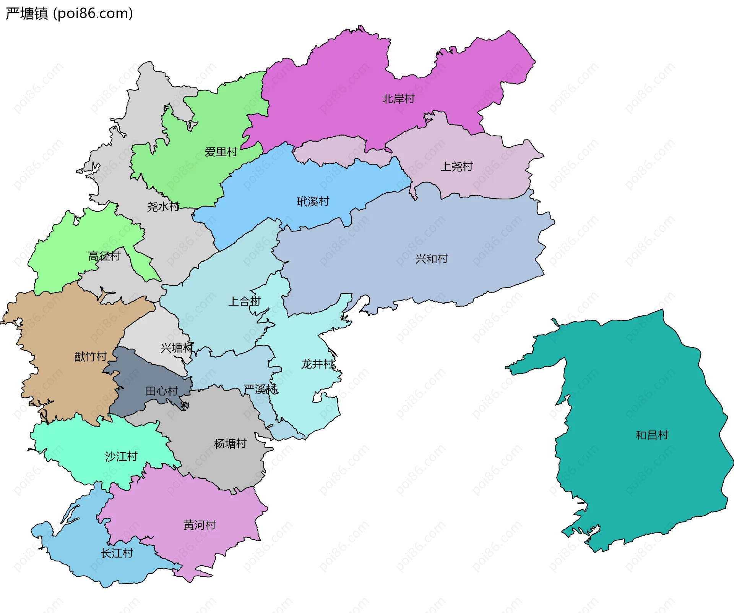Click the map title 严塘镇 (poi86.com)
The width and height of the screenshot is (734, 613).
[69, 13]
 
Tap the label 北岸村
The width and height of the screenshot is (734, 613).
[398, 99]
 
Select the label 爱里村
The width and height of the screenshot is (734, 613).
[221, 152]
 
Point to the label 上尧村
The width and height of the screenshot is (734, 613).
[456, 167]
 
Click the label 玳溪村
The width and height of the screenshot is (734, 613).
[313, 202]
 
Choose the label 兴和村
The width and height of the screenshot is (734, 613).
[431, 259]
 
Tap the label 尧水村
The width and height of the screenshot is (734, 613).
[163, 207]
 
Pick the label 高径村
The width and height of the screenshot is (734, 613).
[104, 256]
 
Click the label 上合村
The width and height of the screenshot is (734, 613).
[244, 301]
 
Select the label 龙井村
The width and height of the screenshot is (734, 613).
[318, 364]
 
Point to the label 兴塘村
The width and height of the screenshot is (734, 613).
[177, 348]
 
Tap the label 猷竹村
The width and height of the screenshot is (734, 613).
[91, 357]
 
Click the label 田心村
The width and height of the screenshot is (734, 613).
[162, 391]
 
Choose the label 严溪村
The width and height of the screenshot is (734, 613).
[260, 390]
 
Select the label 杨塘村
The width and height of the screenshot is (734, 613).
[230, 444]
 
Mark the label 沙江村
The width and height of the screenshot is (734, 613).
[121, 456]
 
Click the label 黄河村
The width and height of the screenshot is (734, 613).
[200, 525]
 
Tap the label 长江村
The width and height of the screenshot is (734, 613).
[117, 553]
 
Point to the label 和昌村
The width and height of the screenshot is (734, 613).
[652, 435]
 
